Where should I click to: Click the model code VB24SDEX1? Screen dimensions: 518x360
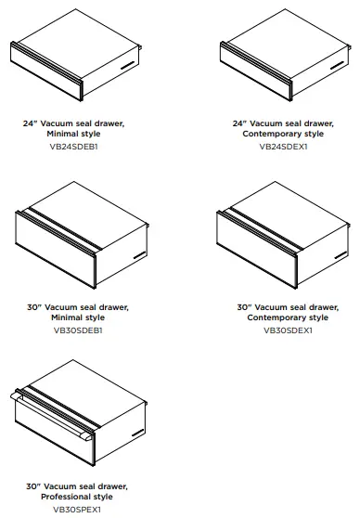(x=282, y=146)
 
